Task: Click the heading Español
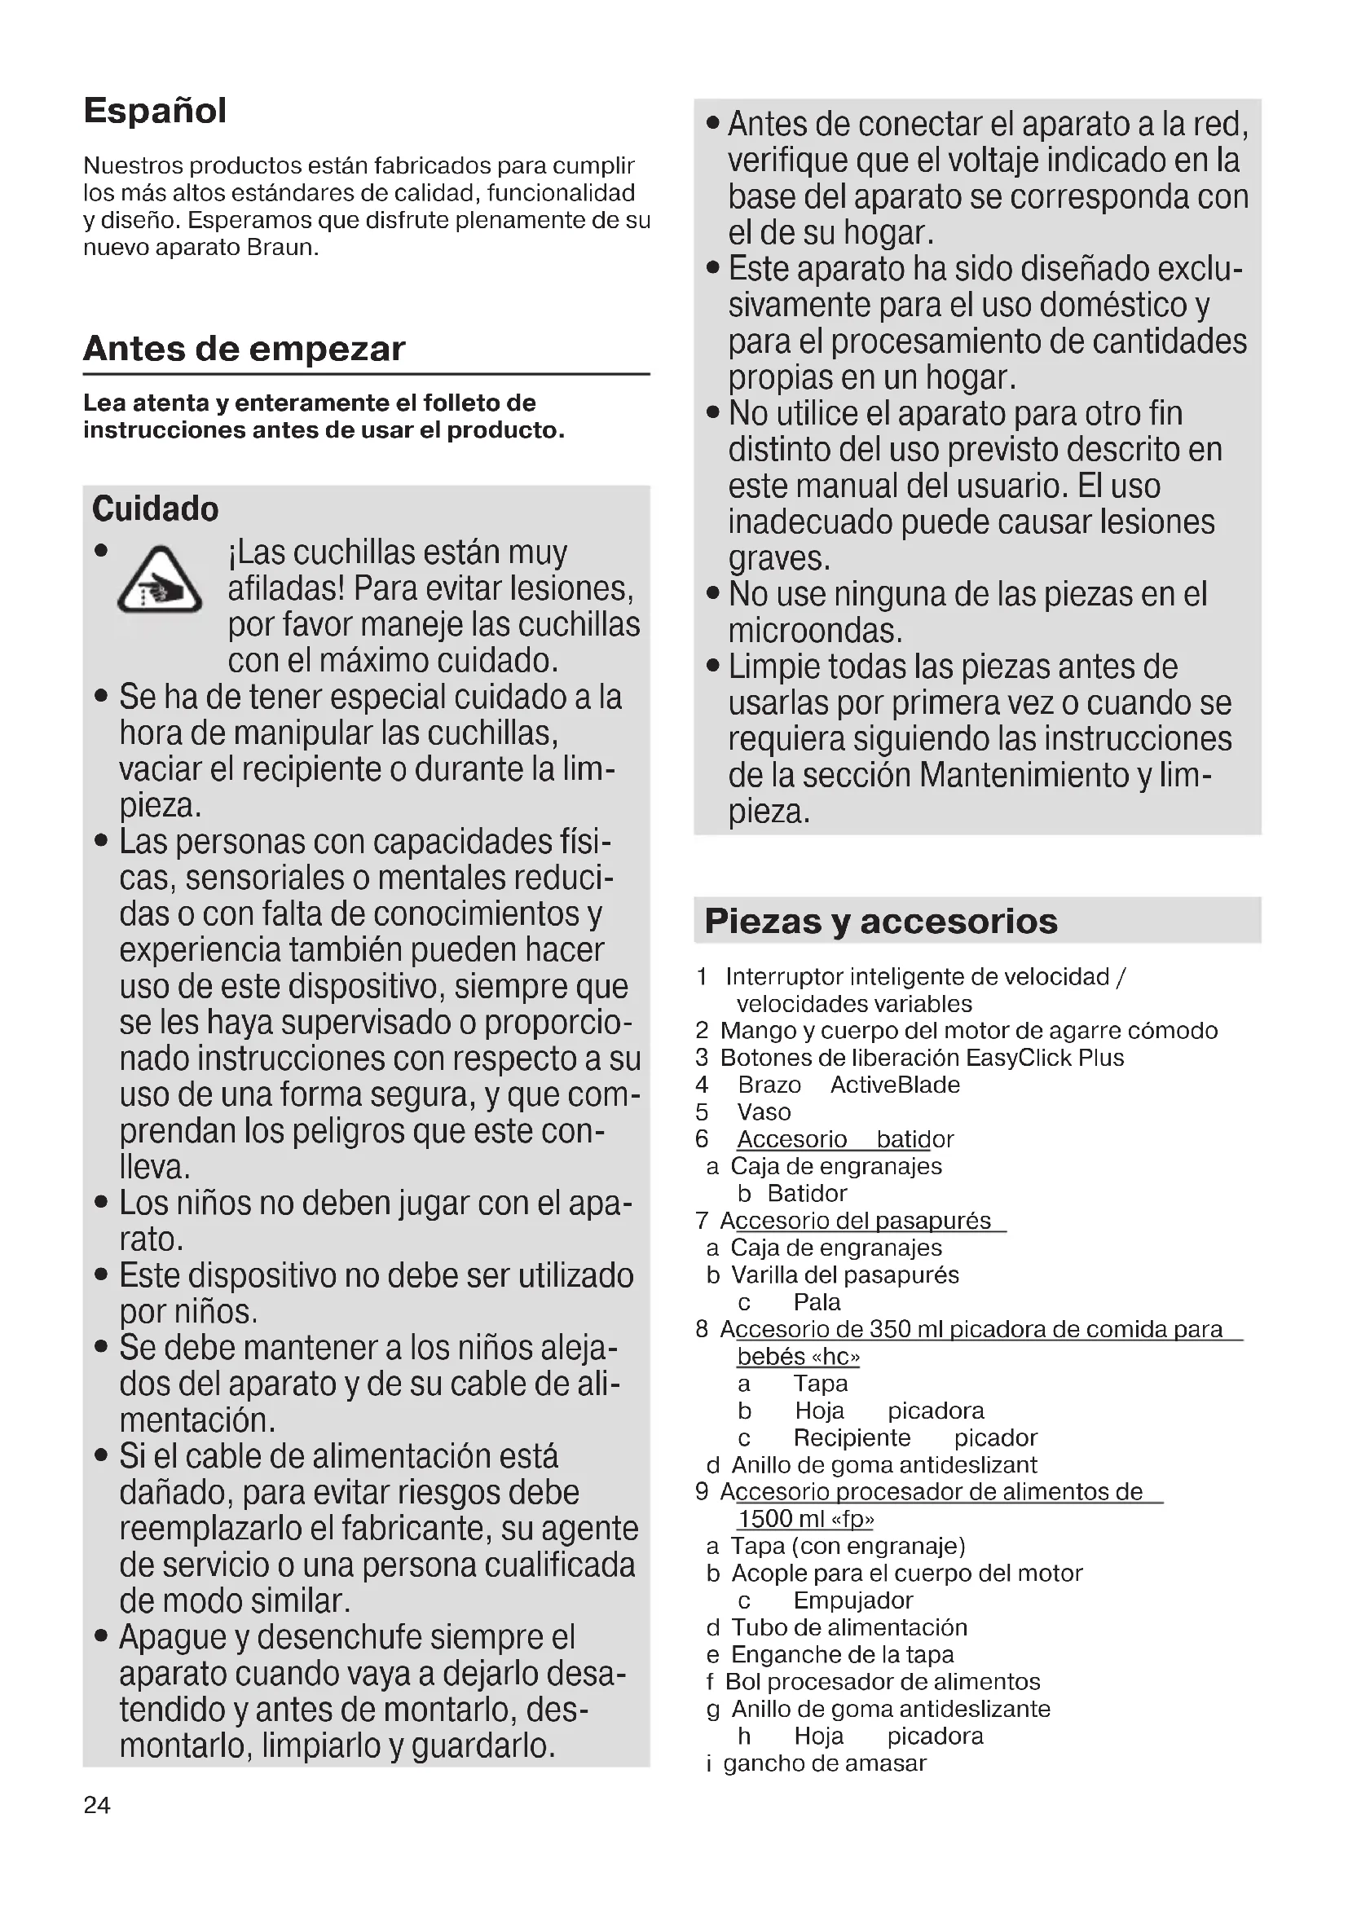click(154, 110)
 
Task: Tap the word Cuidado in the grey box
click(155, 508)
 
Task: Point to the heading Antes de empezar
click(244, 349)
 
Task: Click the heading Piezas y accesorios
click(881, 922)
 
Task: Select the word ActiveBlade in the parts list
click(895, 1085)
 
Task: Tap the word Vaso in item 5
click(764, 1112)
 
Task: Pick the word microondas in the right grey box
click(814, 631)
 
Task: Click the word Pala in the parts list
click(817, 1302)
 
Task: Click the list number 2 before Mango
click(703, 1031)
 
